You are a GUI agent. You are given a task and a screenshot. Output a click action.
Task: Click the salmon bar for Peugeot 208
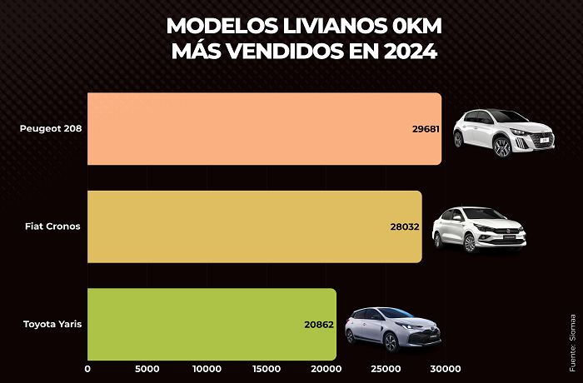click(250, 128)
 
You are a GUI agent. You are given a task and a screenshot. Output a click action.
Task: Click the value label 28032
click(406, 226)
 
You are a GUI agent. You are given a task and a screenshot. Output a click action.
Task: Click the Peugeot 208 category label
click(50, 129)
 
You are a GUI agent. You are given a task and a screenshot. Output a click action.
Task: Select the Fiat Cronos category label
click(52, 226)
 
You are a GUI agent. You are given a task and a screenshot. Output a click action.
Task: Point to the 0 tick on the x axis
click(87, 369)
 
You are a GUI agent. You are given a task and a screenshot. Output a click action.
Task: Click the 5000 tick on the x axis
click(147, 369)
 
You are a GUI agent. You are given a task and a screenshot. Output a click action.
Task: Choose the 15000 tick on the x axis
click(266, 369)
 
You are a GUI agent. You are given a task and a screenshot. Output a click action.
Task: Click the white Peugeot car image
click(503, 132)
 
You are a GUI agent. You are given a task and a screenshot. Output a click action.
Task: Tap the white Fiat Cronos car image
click(480, 229)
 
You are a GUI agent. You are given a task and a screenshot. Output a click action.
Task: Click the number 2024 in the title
click(409, 51)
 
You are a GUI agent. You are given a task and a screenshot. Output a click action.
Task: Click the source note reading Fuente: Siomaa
click(573, 342)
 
